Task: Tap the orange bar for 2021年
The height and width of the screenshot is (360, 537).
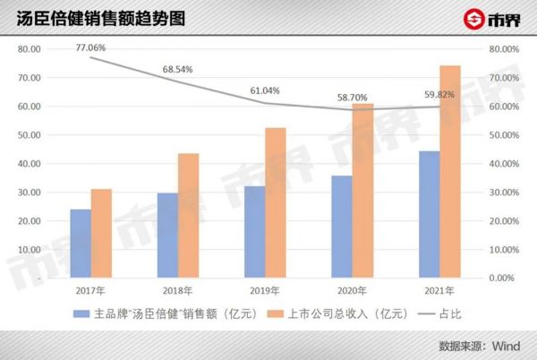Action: [x=450, y=172]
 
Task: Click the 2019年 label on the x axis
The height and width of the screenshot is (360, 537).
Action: [x=265, y=290]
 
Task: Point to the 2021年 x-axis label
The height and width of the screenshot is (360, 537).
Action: [x=439, y=290]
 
